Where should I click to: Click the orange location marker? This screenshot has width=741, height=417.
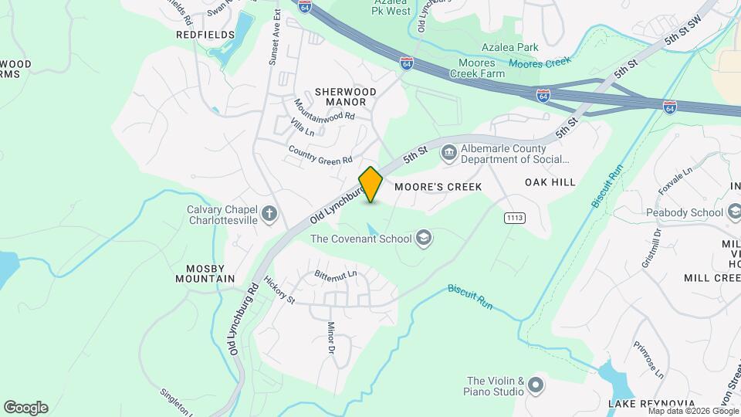click(370, 185)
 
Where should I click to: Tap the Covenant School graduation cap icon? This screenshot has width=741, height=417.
click(423, 239)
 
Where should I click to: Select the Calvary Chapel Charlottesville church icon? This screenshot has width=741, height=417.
click(269, 214)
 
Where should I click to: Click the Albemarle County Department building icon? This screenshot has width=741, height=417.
click(448, 154)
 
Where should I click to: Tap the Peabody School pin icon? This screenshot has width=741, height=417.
click(732, 211)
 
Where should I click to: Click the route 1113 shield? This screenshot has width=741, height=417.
click(515, 219)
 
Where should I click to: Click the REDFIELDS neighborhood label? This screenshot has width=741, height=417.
click(205, 35)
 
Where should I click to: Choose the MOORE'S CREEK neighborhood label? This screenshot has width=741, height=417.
click(438, 187)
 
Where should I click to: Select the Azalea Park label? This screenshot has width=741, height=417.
click(509, 47)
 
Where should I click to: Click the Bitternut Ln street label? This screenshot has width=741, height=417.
click(336, 274)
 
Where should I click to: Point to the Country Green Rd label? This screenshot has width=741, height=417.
click(320, 154)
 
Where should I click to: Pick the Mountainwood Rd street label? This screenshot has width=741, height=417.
click(324, 110)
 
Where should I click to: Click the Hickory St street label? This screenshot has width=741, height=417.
click(279, 290)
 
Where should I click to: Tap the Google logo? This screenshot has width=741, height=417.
click(25, 407)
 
